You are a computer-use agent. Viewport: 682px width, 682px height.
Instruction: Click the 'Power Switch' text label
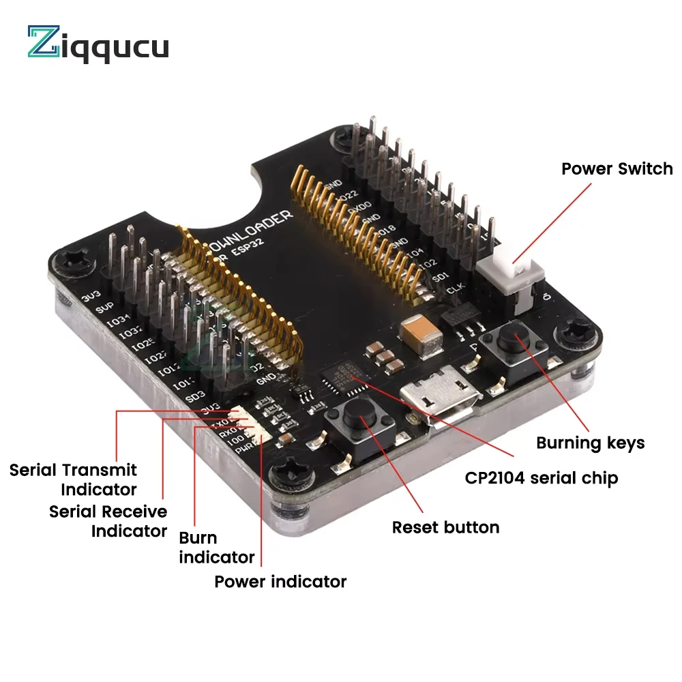tap(617, 168)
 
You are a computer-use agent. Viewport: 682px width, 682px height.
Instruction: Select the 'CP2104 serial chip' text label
tap(542, 478)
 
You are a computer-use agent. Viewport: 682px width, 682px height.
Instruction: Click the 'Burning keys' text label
tap(590, 443)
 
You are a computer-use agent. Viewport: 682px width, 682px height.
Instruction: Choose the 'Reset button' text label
tap(445, 527)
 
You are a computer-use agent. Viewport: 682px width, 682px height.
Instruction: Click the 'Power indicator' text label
tap(280, 582)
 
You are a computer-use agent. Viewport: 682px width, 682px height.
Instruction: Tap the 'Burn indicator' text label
tap(216, 548)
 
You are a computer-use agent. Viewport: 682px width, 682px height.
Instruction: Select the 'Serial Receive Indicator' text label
tap(108, 520)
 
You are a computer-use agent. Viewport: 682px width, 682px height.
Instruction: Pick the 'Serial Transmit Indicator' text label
tap(73, 479)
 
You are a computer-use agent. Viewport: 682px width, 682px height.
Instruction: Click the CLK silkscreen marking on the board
tap(455, 291)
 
